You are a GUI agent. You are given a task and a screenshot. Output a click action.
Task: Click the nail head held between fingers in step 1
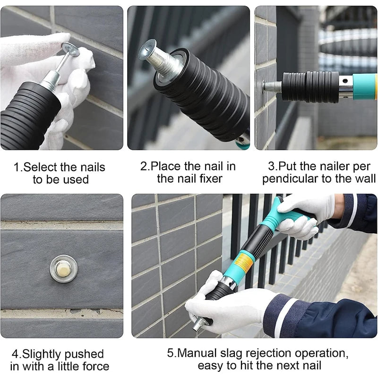[71, 48]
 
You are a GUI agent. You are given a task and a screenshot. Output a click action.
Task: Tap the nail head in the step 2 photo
[147, 49]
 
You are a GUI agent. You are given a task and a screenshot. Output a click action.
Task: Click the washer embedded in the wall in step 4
[63, 268]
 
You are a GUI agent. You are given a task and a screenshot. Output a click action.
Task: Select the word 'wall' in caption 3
[364, 179]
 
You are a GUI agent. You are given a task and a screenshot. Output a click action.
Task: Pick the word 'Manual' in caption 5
[198, 353]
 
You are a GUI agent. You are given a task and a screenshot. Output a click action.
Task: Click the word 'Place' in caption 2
[166, 167]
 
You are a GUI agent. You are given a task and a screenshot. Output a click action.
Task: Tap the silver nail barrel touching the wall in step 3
[273, 87]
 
